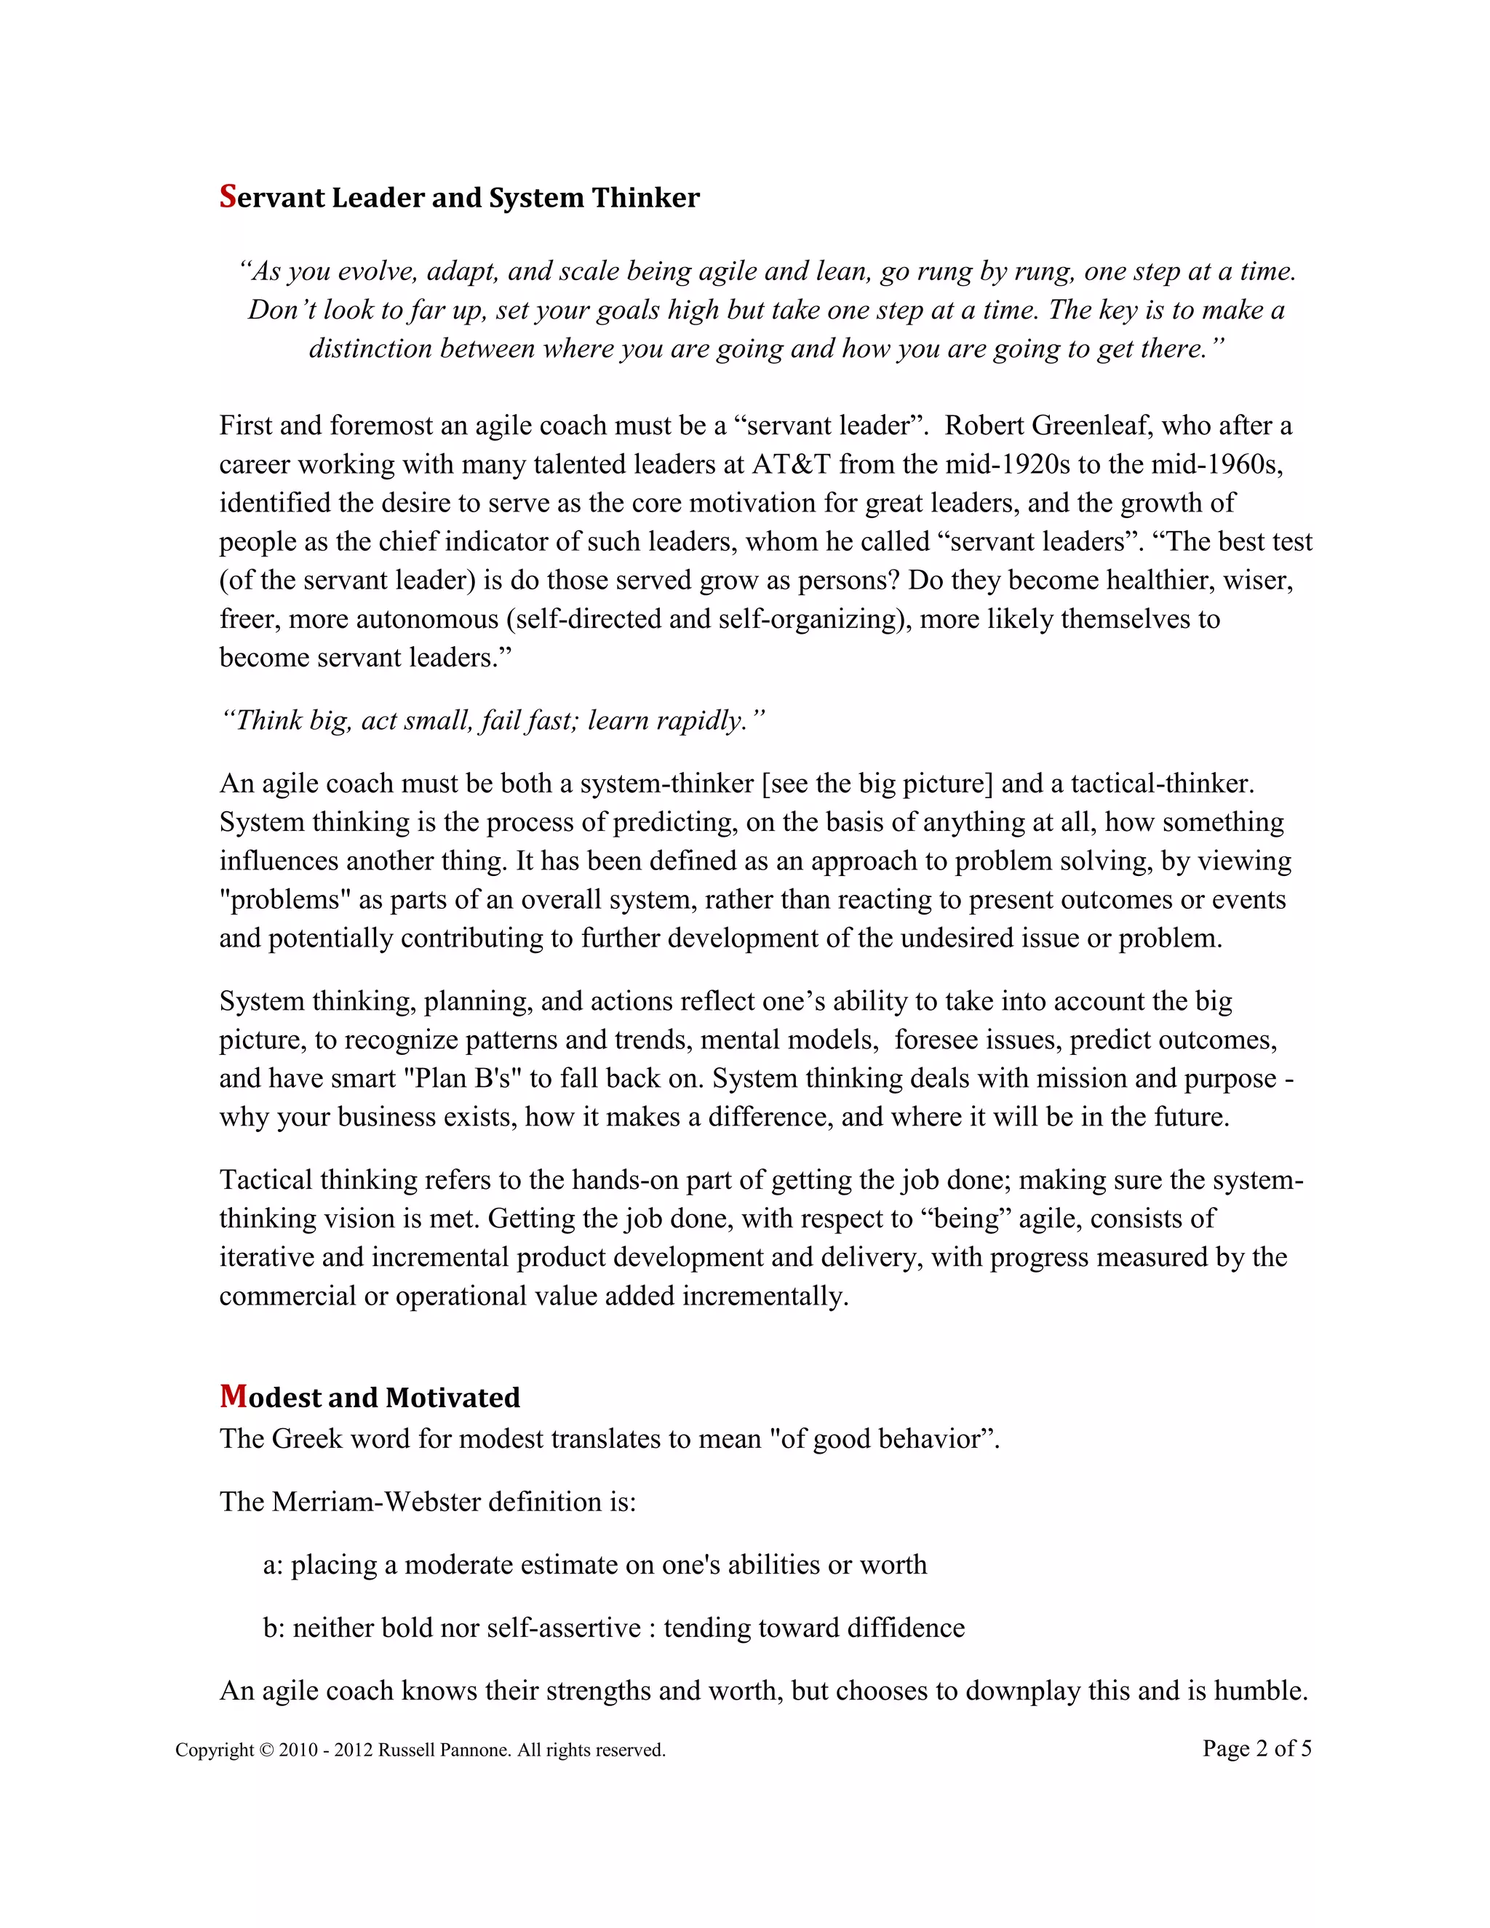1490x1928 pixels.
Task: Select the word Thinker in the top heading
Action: [x=645, y=198]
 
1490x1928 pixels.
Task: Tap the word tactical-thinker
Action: [x=1162, y=783]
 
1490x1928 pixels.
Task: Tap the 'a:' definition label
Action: [x=273, y=1565]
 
